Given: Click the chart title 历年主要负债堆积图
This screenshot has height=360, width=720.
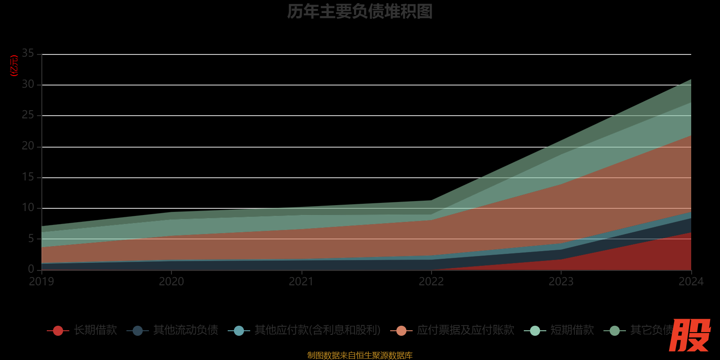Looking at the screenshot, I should coord(360,12).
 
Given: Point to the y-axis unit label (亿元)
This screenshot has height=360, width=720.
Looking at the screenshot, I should coord(14,66).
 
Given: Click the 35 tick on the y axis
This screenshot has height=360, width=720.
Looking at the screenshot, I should coord(28,53).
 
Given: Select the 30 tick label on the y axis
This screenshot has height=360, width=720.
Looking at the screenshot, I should coord(28,84).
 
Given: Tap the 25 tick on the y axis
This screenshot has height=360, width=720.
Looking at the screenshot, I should coord(28,115).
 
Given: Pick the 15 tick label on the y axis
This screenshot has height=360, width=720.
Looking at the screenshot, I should coord(28,177).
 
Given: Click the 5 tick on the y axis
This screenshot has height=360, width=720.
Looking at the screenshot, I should coord(31,238).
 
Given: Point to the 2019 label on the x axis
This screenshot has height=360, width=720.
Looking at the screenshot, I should coord(41,282).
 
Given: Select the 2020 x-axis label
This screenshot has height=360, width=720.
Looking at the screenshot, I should coord(171,282).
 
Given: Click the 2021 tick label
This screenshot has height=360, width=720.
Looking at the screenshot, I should coord(301,282).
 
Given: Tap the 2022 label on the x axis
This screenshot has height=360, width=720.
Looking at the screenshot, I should coord(431,282).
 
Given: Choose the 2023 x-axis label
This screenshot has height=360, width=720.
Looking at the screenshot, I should coord(561,282).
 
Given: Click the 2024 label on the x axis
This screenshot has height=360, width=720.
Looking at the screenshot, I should coord(691,282).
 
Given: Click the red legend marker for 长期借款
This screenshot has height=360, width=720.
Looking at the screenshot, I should coord(58,331).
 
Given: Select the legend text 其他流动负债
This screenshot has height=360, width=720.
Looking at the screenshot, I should coord(185,330).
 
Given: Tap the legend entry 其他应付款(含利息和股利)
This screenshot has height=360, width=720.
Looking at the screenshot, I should coord(317,330).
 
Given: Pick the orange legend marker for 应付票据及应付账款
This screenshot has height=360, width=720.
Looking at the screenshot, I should coord(401,331).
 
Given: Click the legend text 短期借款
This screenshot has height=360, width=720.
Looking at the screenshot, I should coord(572,330).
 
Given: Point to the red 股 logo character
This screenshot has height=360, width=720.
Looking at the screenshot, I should coord(690,335).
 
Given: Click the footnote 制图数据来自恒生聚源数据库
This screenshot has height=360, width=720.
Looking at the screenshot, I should coord(360,355).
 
